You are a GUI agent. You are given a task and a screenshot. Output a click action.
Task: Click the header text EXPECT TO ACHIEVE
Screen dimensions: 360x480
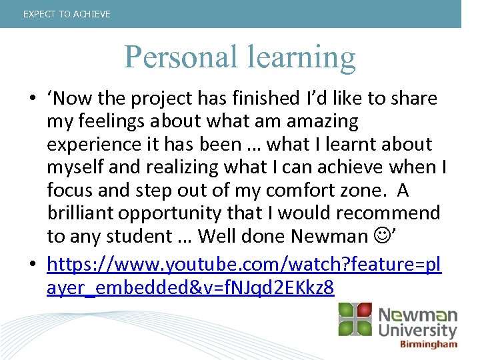pos(67,14)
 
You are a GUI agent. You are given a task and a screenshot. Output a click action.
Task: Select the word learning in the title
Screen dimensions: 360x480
pos(302,59)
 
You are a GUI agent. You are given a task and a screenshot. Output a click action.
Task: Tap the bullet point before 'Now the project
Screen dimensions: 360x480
pos(32,99)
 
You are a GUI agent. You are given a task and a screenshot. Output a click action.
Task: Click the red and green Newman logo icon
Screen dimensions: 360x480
pos(355,320)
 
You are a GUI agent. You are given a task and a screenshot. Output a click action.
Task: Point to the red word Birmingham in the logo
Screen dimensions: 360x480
pos(428,345)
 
